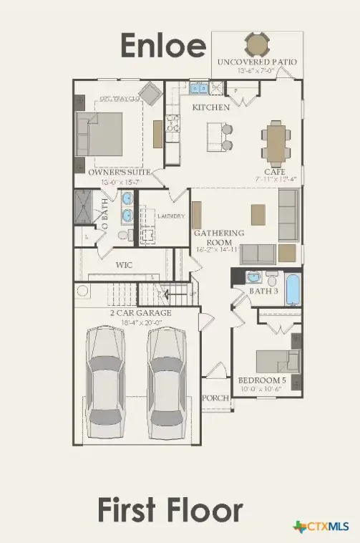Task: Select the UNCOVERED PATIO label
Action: click(257, 62)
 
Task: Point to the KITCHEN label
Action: click(210, 107)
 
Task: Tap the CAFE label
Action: click(274, 173)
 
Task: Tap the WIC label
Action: click(124, 264)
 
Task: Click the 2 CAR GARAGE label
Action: click(140, 313)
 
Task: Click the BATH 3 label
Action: click(264, 291)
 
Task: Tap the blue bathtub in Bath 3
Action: click(293, 288)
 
